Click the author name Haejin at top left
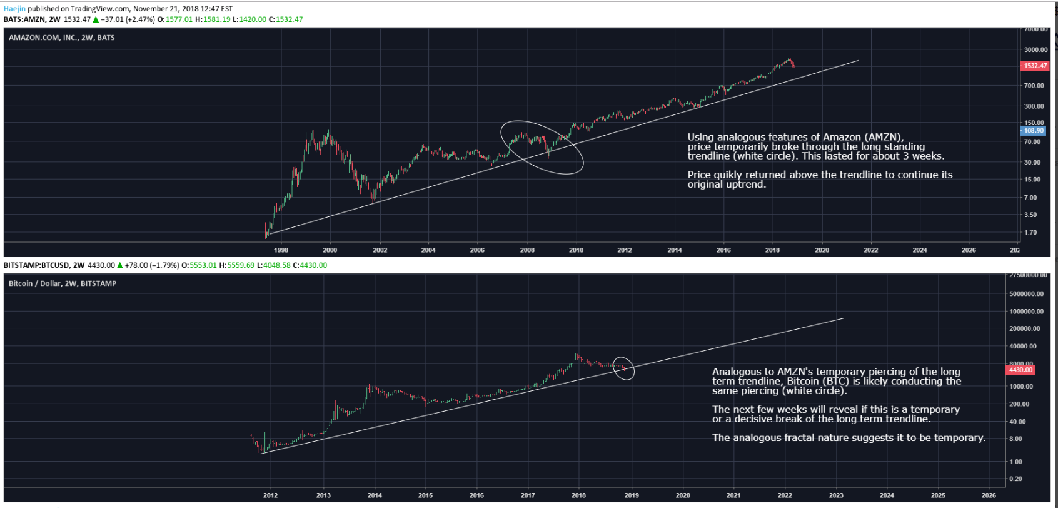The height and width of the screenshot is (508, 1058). [x=14, y=9]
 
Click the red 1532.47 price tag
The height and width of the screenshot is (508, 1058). [x=1035, y=66]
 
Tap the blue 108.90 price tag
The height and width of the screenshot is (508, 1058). [x=1034, y=131]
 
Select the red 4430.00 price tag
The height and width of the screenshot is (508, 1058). [x=1020, y=370]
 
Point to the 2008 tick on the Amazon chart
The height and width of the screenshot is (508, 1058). [x=527, y=250]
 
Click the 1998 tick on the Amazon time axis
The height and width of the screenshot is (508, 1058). [x=281, y=250]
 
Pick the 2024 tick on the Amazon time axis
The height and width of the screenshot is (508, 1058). [x=919, y=250]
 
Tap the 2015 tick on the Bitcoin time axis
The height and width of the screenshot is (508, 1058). [x=425, y=495]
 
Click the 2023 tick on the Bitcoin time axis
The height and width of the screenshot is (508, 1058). [x=835, y=495]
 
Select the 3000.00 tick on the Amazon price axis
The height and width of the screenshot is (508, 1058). [x=1035, y=50]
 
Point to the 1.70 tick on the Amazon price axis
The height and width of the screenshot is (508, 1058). [x=1030, y=233]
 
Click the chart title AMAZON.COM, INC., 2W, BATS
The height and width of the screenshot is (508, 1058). [x=62, y=38]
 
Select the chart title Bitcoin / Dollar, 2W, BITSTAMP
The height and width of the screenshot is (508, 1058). [x=63, y=283]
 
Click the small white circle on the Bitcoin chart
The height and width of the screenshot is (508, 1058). [x=623, y=368]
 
